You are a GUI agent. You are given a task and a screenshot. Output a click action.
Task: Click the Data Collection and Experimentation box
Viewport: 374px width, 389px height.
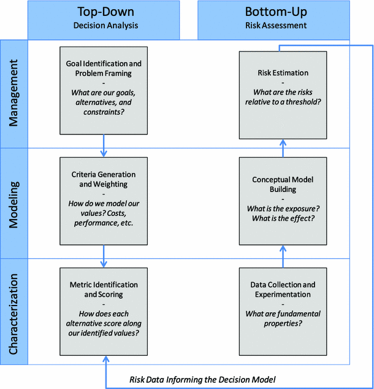(283, 311)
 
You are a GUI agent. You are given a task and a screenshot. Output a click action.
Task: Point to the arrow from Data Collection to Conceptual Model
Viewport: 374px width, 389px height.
(283, 256)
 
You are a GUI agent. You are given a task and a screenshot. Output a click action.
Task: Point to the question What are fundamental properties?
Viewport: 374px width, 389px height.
(283, 318)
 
